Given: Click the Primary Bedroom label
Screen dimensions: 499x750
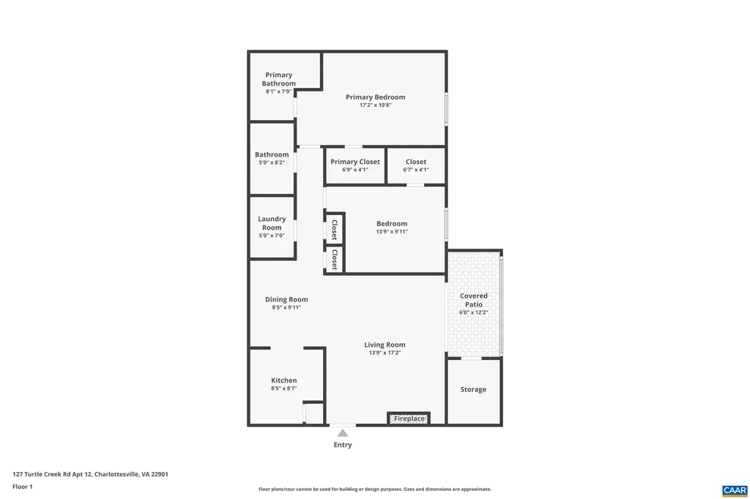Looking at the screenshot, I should pos(375,97).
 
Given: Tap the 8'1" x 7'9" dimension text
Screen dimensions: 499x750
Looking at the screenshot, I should pos(278,91).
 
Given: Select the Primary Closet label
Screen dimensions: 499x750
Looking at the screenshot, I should pos(355,162).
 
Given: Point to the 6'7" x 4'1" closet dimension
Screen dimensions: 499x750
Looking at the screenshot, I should pos(415,170).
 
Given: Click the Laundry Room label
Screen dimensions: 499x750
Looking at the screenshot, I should pos(272,223).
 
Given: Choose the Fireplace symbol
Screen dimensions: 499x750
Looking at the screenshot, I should pos(409,419).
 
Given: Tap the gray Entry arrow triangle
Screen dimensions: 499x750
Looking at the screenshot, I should pos(342,433).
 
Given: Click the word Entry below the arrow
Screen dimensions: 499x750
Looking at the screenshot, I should pos(342,445).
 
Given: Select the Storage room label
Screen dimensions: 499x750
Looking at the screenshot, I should pos(473,390).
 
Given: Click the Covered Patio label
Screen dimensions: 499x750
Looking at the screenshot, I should pos(473,300).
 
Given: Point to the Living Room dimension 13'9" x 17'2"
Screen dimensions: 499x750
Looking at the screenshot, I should pos(385,353).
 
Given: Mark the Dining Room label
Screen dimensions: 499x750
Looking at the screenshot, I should pos(286,299).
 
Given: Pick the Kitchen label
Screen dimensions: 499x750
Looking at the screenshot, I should pos(283,380).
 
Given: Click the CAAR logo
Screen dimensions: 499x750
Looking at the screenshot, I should pos(734,489).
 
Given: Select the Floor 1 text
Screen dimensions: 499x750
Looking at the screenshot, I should pos(23,487).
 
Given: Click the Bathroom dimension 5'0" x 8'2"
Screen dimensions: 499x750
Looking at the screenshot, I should pos(272,163).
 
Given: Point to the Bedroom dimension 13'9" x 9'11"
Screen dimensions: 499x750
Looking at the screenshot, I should pos(392,232).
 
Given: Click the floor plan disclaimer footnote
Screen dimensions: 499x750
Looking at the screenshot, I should pos(374,489).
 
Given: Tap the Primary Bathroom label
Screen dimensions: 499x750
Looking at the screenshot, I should pos(278,79).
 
